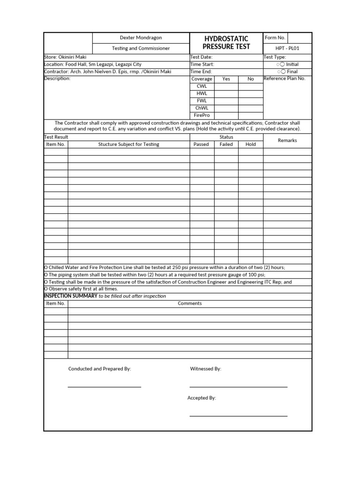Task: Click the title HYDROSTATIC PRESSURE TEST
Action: [226, 42]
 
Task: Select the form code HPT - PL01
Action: [287, 48]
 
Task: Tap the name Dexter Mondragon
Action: [141, 37]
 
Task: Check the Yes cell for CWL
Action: [226, 86]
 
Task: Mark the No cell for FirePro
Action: [250, 115]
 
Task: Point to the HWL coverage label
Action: [202, 93]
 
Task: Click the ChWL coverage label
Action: [202, 108]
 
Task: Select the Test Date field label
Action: [202, 57]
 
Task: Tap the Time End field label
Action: [202, 72]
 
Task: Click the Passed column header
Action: [201, 144]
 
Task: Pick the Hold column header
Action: [250, 144]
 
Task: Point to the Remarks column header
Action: [287, 141]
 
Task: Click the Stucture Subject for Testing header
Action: [128, 144]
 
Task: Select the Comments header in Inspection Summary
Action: [189, 303]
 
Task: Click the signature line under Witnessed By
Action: [238, 387]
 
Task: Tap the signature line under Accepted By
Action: [238, 416]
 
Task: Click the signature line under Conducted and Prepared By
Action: [104, 387]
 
